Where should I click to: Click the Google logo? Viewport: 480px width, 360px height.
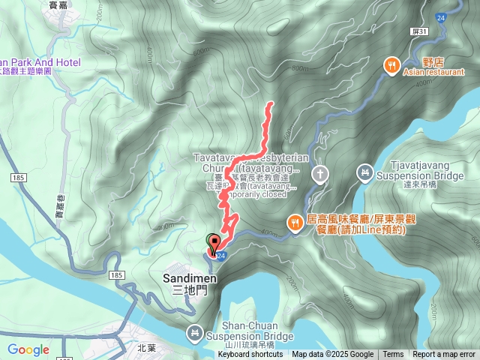tap(28, 349)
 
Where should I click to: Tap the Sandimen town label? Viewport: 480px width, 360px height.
tap(190, 278)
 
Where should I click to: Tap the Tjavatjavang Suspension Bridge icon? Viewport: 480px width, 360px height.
tap(364, 172)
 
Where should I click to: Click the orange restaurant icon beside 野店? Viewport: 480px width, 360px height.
tap(391, 65)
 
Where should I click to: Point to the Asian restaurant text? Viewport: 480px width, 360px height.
tap(428, 73)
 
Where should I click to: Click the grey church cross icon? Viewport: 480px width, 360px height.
tap(319, 175)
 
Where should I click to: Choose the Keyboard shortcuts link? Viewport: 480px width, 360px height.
tap(250, 355)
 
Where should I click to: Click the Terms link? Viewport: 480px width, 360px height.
tap(393, 355)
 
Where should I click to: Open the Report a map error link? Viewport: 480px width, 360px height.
tap(444, 355)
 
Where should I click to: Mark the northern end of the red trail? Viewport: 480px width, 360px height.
tap(270, 103)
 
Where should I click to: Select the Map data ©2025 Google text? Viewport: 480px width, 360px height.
tap(332, 355)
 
